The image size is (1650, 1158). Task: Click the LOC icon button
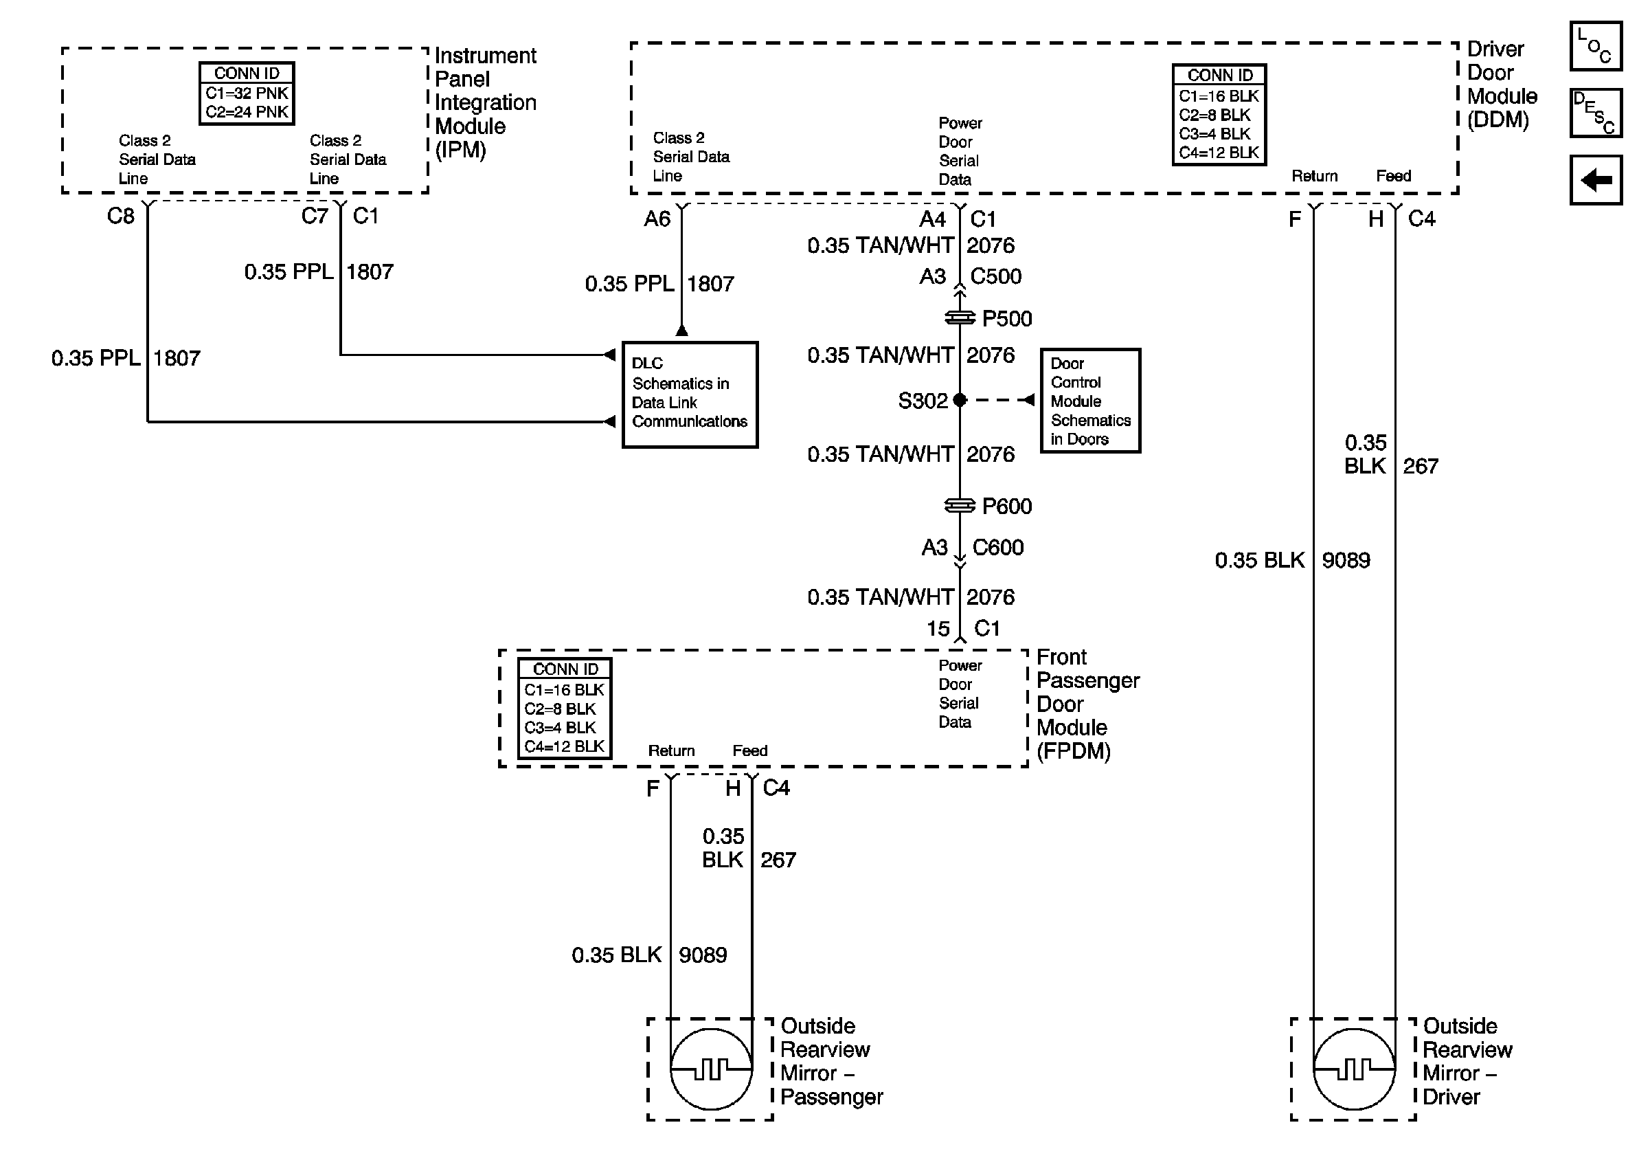1595,46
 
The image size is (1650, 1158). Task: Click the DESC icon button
1595,113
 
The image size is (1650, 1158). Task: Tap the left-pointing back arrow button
1595,179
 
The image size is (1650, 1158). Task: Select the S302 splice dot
960,401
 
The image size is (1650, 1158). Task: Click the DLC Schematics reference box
690,394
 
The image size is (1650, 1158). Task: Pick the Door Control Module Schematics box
1090,401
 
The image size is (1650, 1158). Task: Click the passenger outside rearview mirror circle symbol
711,1069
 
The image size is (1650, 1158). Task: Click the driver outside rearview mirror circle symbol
1354,1069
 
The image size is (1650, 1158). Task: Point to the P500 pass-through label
1007,318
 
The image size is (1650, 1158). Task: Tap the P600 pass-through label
1007,506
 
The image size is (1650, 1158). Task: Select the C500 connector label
996,276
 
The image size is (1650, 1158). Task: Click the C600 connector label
997,547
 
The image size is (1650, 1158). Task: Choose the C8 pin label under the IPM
121,216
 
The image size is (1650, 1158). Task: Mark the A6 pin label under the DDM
657,219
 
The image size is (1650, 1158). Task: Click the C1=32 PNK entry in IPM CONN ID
247,93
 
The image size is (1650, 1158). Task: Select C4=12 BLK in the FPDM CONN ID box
564,746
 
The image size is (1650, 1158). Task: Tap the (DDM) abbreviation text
1498,120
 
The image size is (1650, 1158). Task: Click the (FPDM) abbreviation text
1074,751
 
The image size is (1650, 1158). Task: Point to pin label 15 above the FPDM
938,628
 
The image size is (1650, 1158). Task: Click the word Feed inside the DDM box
1394,175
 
